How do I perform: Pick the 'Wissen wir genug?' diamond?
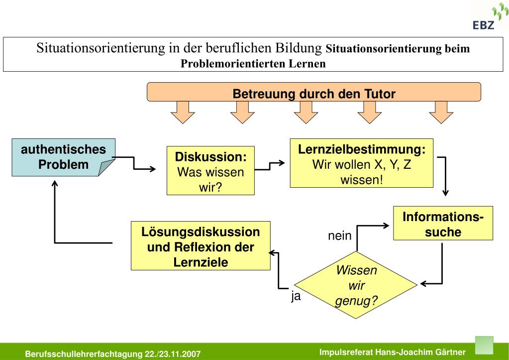(357, 285)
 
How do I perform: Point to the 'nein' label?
(340, 236)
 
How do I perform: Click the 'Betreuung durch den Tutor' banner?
(314, 93)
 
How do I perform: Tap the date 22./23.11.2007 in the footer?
(173, 355)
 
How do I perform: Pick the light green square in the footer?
(485, 345)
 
